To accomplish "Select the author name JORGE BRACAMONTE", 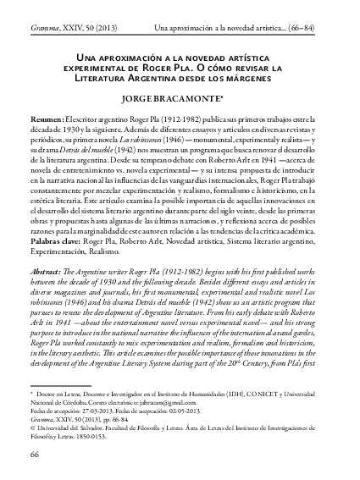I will (x=178, y=100).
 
